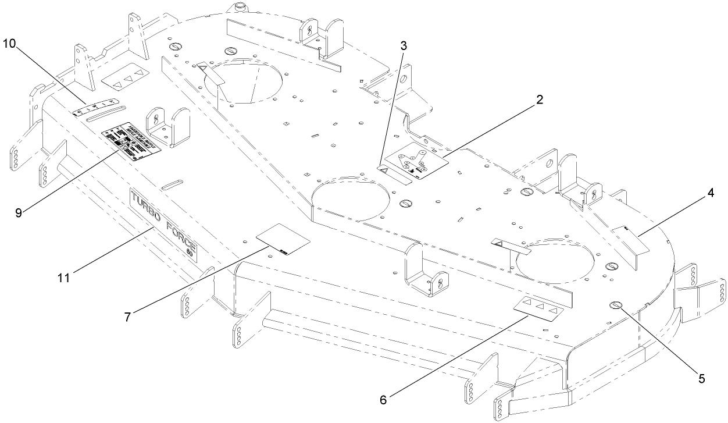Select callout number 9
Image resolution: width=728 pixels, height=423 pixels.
coord(19,212)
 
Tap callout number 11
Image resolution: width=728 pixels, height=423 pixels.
coord(64,277)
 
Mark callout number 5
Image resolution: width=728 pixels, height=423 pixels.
coord(701,378)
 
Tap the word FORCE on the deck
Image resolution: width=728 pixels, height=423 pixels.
coord(181,236)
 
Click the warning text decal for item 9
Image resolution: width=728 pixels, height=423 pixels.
coord(131,140)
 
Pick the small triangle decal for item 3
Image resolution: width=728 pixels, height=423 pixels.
coord(385,169)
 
